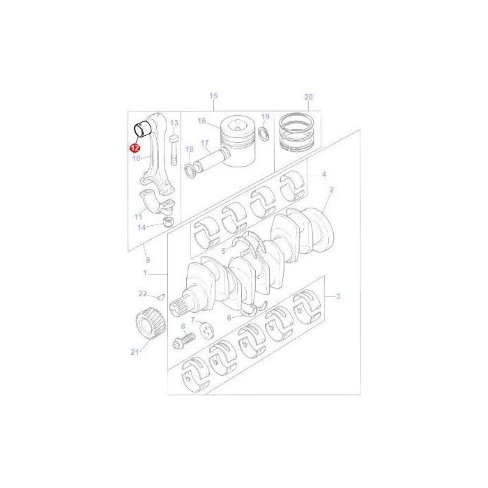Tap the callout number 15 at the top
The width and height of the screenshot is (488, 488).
point(213,96)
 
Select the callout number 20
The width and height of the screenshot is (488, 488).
point(309,97)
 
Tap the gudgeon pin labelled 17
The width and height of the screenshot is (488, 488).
point(211,161)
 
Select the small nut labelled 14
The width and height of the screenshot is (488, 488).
point(167,222)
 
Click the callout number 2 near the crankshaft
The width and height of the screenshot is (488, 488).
point(332,190)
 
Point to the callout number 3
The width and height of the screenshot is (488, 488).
point(337,297)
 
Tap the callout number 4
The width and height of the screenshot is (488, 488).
point(323,174)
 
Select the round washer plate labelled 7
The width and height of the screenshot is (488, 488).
point(206,330)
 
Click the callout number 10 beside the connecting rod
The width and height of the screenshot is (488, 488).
point(137,159)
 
